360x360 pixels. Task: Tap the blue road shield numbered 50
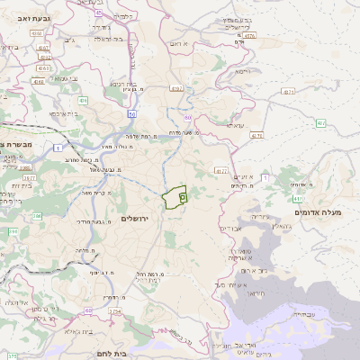pos(132,114)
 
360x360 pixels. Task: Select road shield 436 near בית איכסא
pos(83,102)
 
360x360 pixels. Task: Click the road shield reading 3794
pos(114,312)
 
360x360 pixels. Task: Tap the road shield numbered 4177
pos(221,170)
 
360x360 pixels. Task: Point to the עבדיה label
pos(304,314)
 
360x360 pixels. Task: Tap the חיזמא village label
pos(242,70)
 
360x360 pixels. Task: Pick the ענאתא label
pos(235,125)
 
